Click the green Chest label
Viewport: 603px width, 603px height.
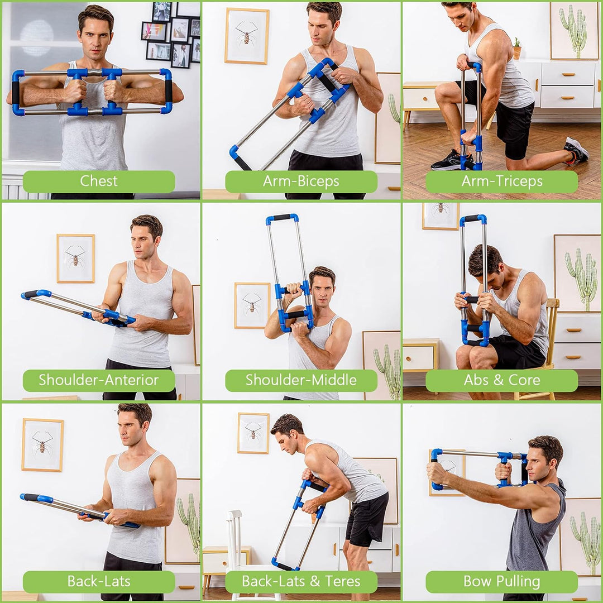click(x=99, y=181)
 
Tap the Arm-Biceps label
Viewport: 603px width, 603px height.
click(x=301, y=181)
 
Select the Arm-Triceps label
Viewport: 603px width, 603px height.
click(x=501, y=181)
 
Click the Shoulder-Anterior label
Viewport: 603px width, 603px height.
click(x=99, y=381)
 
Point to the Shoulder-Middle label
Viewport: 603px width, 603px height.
click(x=301, y=381)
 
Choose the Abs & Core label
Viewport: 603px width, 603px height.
click(x=501, y=381)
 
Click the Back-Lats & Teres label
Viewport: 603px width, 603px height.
click(x=301, y=582)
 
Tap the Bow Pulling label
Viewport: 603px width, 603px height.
click(x=501, y=582)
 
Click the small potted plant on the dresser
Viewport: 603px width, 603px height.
click(x=516, y=49)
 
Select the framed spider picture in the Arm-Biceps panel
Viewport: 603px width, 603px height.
click(x=247, y=36)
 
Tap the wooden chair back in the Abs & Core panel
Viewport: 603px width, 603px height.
click(x=552, y=324)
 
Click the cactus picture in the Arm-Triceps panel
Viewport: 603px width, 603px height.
click(x=574, y=30)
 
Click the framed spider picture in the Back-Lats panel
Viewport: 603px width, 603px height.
click(x=42, y=445)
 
